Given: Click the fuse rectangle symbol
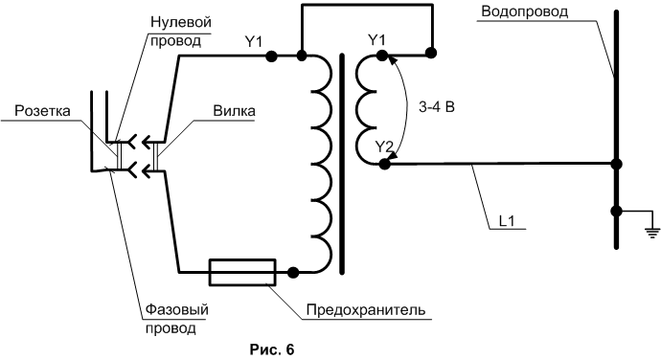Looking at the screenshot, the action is pyautogui.click(x=242, y=272).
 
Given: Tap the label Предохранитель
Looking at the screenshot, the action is pyautogui.click(x=366, y=310).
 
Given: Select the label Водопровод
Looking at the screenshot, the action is pyautogui.click(x=525, y=11).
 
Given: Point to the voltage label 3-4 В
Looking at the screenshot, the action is pyautogui.click(x=437, y=107).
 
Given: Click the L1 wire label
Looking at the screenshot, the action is pyautogui.click(x=507, y=221).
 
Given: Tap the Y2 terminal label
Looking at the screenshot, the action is pyautogui.click(x=384, y=146).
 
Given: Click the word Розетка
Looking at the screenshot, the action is pyautogui.click(x=42, y=111).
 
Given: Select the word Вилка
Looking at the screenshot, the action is pyautogui.click(x=234, y=111).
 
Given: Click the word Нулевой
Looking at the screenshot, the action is pyautogui.click(x=181, y=22).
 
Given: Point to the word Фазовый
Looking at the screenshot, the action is pyautogui.click(x=177, y=310).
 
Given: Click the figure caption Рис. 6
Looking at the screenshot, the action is pyautogui.click(x=272, y=349).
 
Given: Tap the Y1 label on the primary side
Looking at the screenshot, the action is pyautogui.click(x=254, y=42).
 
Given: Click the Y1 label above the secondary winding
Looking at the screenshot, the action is pyautogui.click(x=376, y=40).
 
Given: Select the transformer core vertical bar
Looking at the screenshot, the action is pyautogui.click(x=341, y=164).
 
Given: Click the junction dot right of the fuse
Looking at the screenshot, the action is pyautogui.click(x=292, y=273).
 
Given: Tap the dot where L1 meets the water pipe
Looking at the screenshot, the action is pyautogui.click(x=616, y=164).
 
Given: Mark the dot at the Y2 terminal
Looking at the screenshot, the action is pyautogui.click(x=384, y=164).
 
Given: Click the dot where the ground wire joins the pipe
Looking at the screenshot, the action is pyautogui.click(x=616, y=211).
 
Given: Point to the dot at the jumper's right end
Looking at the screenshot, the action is pyautogui.click(x=431, y=53).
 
